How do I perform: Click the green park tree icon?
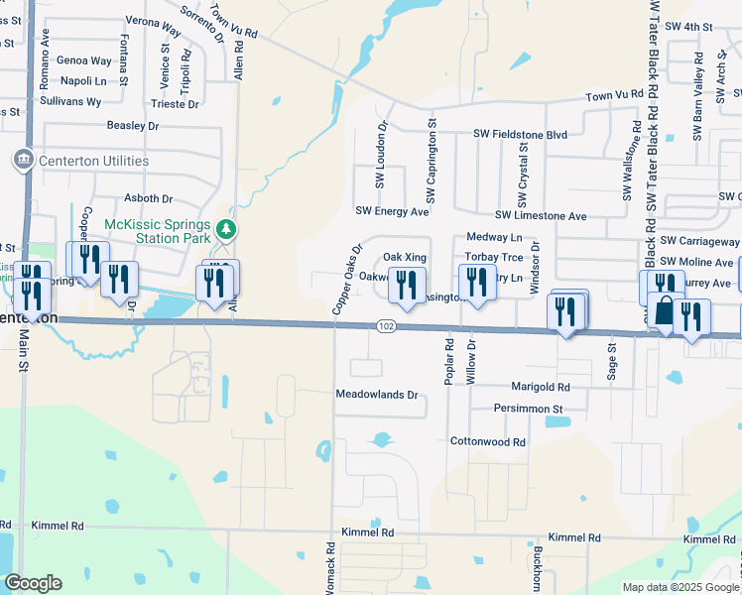tap(227, 230)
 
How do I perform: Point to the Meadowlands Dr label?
tap(379, 395)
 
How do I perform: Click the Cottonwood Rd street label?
tap(488, 441)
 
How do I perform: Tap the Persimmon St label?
tap(529, 409)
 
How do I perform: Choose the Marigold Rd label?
tap(541, 387)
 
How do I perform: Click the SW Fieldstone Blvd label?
tap(520, 134)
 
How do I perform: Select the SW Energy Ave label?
tap(393, 211)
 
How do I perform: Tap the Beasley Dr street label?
tap(133, 126)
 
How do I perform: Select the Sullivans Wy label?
tap(73, 102)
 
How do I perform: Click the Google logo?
tap(34, 583)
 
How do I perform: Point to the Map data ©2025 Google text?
tap(680, 587)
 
